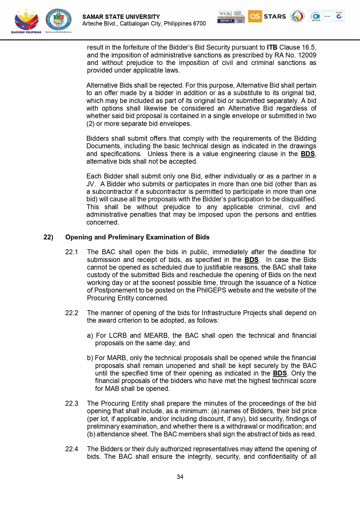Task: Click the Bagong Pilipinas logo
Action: (26, 21)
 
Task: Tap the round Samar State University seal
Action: (58, 19)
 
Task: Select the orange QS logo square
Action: (255, 16)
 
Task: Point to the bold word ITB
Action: (272, 48)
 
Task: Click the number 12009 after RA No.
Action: (307, 55)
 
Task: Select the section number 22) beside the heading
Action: (48, 237)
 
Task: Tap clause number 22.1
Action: (72, 252)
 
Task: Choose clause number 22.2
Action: (72, 313)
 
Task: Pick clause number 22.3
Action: (72, 403)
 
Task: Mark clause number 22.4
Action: (72, 449)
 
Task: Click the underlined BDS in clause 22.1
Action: (251, 260)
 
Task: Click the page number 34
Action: (180, 477)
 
